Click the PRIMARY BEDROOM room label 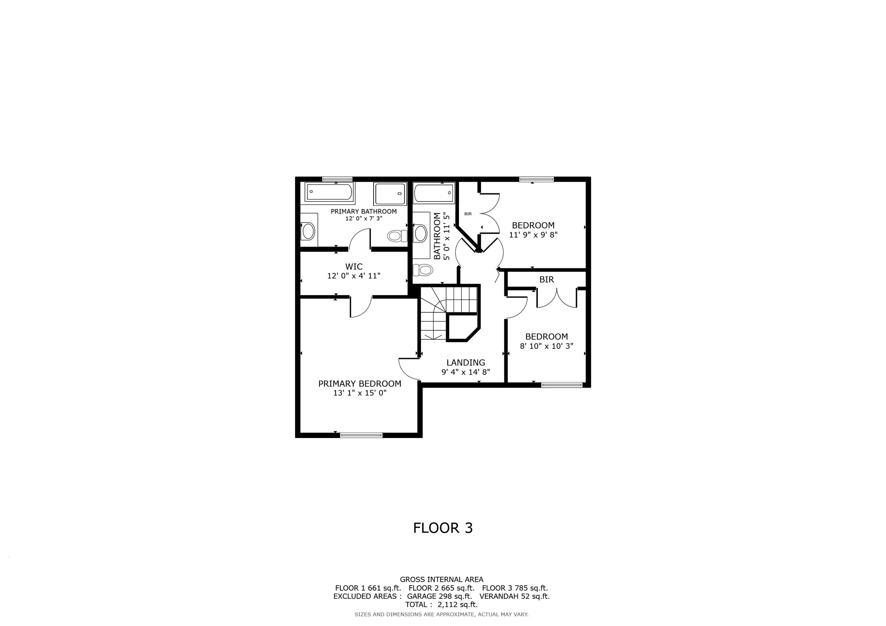coord(360,383)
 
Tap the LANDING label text coord(466,362)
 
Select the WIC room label coord(354,266)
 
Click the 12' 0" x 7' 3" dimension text coord(364,218)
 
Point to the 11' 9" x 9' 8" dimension coord(533,234)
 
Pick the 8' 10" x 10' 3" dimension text coord(546,346)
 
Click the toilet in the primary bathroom coord(397,235)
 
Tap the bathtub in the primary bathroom coord(330,192)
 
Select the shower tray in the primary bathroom coord(390,194)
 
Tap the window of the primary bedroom coord(361,435)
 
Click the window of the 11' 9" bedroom coord(537,179)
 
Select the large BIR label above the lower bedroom coord(546,279)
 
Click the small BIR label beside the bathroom coord(468,214)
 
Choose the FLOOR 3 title coord(443,528)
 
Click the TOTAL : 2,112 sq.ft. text coord(442,605)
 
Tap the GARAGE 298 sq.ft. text coord(439,596)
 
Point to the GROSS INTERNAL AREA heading coord(442,579)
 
